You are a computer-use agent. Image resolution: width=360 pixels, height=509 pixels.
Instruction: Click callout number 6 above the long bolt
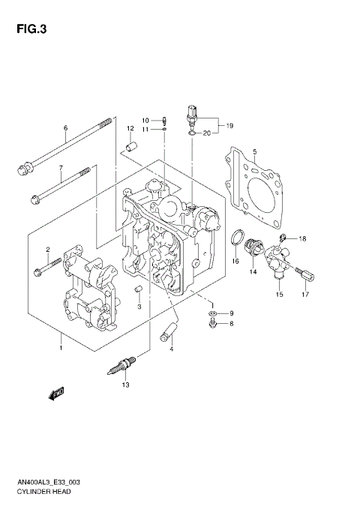[65, 128]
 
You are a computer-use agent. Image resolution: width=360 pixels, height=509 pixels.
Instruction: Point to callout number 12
[129, 128]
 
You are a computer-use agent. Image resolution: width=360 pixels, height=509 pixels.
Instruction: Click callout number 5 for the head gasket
[254, 152]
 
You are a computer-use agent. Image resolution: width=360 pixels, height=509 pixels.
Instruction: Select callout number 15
[279, 295]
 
